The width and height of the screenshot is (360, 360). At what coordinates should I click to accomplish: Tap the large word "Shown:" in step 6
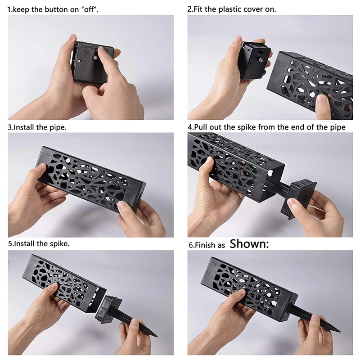(x=249, y=244)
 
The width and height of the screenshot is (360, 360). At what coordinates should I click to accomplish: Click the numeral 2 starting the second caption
(x=189, y=9)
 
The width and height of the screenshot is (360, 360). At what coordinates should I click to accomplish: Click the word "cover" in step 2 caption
(x=261, y=9)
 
